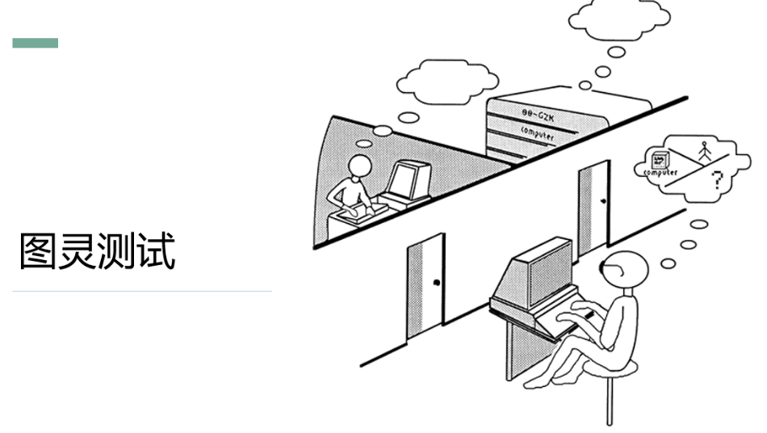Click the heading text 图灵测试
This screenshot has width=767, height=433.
point(97,251)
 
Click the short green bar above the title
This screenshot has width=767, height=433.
point(36,43)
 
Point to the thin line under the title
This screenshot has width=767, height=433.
point(142,291)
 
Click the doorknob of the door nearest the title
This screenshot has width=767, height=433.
point(436,282)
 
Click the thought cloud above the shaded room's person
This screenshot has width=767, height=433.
point(448,79)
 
